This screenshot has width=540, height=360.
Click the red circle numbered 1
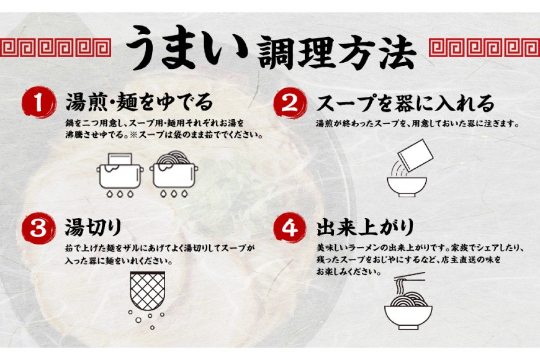coord(39,102)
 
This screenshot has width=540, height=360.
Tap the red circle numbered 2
coord(290,103)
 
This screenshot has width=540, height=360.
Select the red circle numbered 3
coord(39,228)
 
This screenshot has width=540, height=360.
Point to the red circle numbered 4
coord(290,228)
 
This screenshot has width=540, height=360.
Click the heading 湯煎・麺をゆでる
coord(140,102)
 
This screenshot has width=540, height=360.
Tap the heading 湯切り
coord(94,228)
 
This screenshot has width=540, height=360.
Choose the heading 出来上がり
coord(365,228)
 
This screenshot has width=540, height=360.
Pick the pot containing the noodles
coord(174,176)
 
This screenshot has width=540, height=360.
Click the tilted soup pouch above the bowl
coord(415,155)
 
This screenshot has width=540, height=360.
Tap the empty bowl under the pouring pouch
coord(407,187)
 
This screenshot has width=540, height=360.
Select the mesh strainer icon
coord(147,291)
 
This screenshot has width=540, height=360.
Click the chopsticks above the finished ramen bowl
coord(410,276)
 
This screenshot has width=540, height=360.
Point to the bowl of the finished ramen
coord(408,317)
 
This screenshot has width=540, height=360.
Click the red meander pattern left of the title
coord(55,48)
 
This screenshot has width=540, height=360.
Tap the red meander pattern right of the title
coord(484,48)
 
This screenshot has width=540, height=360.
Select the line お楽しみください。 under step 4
coord(349,272)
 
